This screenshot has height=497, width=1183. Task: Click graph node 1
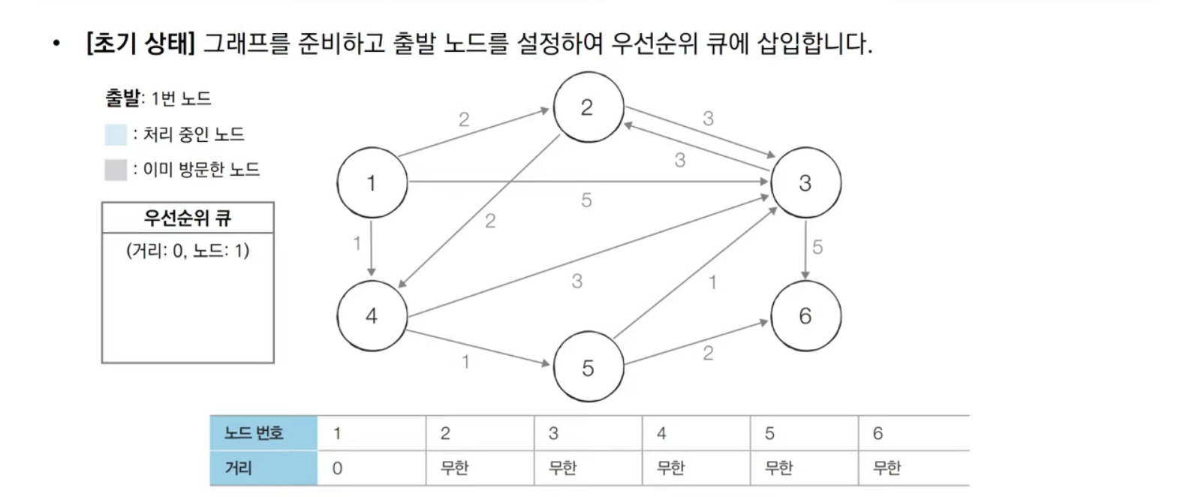point(372,183)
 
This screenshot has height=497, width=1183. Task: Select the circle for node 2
point(588,107)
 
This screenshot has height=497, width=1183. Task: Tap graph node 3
point(805,183)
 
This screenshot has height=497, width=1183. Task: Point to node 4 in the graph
point(372,316)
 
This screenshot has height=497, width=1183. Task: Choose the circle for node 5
point(588,368)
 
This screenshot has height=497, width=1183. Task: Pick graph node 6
point(805,316)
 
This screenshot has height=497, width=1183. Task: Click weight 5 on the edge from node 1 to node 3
point(586,200)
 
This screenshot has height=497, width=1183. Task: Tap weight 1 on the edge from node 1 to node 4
point(357,243)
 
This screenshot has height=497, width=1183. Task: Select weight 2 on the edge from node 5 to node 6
point(708,354)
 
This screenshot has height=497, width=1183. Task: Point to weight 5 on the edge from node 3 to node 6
point(817,247)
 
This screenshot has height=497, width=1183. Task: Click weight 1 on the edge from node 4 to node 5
point(465,362)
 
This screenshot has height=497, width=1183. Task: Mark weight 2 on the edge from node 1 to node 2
point(464,119)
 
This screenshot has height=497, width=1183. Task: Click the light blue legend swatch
point(116,135)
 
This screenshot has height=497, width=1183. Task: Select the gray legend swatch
point(116,170)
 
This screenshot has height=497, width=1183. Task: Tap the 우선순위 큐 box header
point(188,218)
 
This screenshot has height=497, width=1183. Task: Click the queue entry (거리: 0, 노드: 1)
point(188,251)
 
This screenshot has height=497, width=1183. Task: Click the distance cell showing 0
point(338,468)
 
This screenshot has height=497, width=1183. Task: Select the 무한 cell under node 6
point(886,468)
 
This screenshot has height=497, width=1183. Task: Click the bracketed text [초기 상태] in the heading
point(140,44)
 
